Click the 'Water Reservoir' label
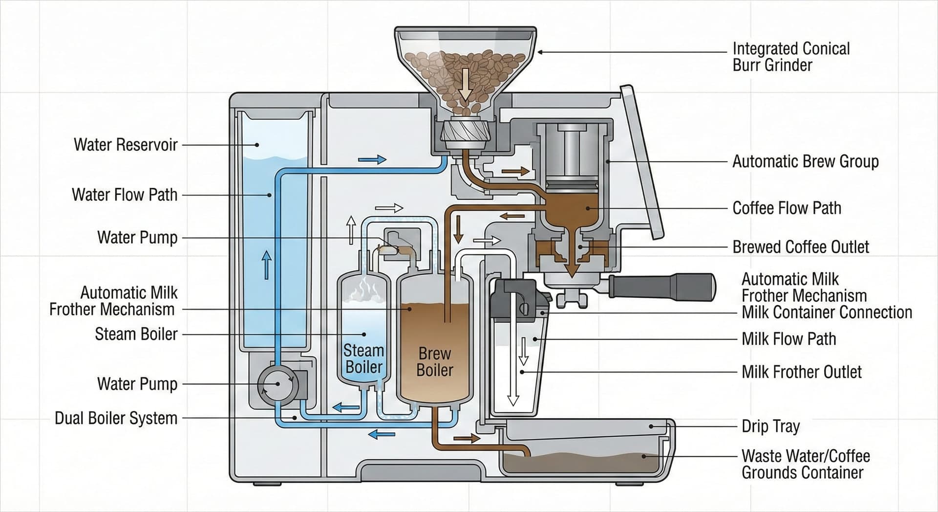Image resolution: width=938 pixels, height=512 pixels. (x=126, y=145)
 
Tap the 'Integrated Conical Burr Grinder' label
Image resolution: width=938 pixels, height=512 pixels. (x=790, y=57)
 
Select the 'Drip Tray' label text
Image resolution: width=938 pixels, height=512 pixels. (x=770, y=426)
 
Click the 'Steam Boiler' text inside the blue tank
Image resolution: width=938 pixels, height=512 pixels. (x=363, y=358)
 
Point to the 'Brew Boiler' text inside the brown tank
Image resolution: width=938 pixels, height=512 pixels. (x=434, y=361)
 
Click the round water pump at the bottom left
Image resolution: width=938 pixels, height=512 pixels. (x=277, y=384)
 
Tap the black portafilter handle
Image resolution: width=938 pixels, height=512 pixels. (x=664, y=287)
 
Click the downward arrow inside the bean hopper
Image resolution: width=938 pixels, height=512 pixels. (x=465, y=84)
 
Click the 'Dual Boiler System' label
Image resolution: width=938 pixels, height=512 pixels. (x=116, y=418)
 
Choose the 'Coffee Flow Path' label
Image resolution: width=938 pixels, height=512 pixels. (x=787, y=208)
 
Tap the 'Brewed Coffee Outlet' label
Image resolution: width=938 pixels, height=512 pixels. (x=800, y=247)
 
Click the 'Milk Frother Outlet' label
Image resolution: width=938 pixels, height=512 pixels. (x=801, y=372)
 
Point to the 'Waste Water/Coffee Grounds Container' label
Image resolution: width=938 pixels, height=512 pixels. (x=805, y=464)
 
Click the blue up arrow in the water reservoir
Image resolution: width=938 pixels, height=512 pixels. (x=267, y=265)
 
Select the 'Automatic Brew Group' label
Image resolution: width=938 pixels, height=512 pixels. (x=805, y=161)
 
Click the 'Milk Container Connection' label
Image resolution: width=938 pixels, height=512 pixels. (x=827, y=312)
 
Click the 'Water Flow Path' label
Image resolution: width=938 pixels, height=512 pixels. (x=125, y=195)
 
